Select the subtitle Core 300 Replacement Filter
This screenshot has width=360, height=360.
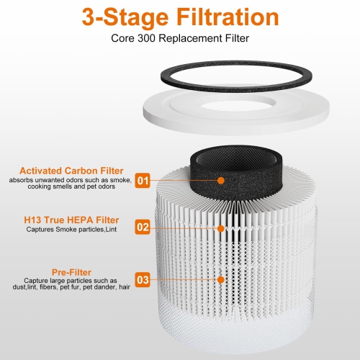click(179, 40)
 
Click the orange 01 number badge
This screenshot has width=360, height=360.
click(143, 180)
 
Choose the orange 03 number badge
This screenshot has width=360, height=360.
click(143, 279)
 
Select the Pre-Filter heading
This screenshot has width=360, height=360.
click(72, 272)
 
